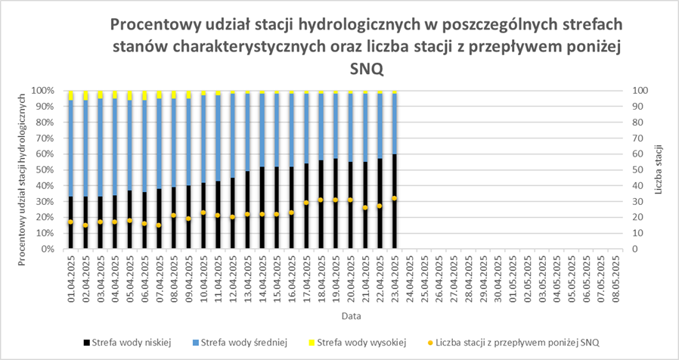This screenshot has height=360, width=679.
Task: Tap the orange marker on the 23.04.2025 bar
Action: pyautogui.click(x=394, y=198)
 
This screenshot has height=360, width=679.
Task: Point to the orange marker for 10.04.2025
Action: pyautogui.click(x=203, y=213)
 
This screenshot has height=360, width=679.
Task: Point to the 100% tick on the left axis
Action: pyautogui.click(x=42, y=90)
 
